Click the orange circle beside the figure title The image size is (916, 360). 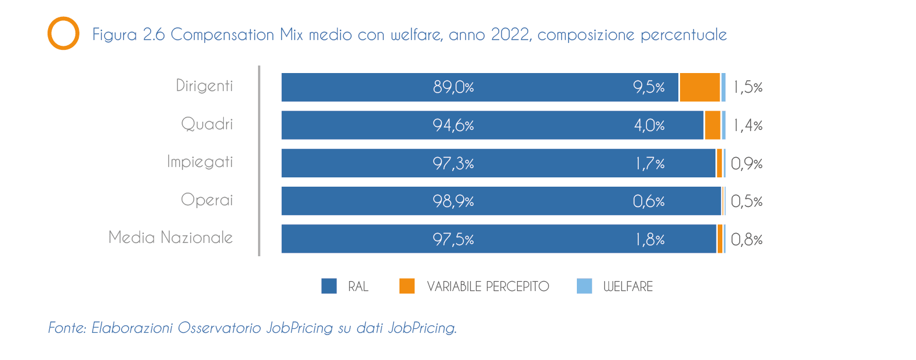click(x=63, y=34)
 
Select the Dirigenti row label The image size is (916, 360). click(x=204, y=86)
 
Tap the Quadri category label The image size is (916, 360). click(x=207, y=124)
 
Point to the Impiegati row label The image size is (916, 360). click(x=200, y=162)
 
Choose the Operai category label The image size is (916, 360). click(x=207, y=200)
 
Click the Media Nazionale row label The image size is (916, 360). click(x=170, y=238)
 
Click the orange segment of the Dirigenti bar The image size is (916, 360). click(x=699, y=87)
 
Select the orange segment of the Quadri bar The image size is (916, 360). click(x=713, y=125)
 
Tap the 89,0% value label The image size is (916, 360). click(x=453, y=87)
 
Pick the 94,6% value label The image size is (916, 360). click(x=453, y=125)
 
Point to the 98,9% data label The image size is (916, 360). click(x=453, y=201)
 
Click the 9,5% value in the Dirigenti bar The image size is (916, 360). click(x=649, y=87)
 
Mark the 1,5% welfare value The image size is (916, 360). click(x=748, y=88)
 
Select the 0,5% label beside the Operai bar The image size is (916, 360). click(x=747, y=201)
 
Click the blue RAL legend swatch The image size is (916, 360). click(x=329, y=286)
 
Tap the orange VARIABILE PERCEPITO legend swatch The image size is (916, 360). click(x=407, y=286)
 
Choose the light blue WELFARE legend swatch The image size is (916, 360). click(x=584, y=286)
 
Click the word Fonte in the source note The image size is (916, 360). click(x=67, y=328)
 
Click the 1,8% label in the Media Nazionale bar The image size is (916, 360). click(x=650, y=239)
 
